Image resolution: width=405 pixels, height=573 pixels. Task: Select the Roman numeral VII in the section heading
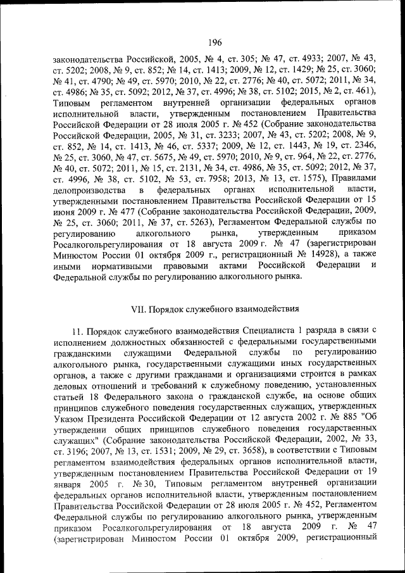click(138, 310)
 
